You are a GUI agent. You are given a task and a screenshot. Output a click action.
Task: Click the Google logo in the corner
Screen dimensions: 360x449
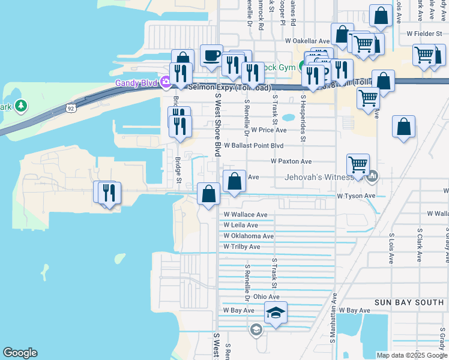(20, 353)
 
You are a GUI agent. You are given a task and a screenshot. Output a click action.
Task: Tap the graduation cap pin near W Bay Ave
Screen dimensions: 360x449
(276, 313)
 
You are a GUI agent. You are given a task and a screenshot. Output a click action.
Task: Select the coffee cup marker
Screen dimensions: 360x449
(211, 56)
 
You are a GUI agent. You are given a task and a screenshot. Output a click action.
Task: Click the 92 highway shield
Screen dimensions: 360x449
(71, 109)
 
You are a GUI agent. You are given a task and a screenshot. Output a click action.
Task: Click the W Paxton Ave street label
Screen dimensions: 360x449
(291, 161)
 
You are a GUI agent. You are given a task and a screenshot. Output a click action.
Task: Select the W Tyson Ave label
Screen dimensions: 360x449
(356, 196)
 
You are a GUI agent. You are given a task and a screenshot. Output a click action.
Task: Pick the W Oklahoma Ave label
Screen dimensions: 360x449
(249, 236)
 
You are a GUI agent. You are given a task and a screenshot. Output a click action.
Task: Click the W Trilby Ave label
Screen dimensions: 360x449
(242, 247)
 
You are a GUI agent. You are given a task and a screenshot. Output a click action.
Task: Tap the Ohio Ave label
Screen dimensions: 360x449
(267, 296)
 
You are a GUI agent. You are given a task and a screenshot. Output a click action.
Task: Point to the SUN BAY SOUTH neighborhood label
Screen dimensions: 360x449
(411, 302)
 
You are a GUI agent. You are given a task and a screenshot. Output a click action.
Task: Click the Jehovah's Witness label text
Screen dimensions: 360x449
(322, 177)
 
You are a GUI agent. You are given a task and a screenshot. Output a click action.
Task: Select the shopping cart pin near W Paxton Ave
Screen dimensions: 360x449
(358, 164)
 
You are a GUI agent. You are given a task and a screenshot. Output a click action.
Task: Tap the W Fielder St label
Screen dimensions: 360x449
(424, 34)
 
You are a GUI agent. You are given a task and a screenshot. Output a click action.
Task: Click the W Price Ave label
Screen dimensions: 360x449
(269, 130)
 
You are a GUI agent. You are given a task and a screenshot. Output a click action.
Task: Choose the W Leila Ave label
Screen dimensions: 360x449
(241, 225)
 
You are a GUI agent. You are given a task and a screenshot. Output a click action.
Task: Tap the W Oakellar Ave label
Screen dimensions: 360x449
(307, 41)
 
